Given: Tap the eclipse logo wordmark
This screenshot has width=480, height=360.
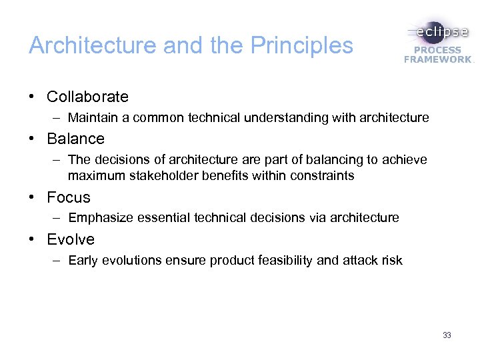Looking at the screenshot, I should (x=439, y=32).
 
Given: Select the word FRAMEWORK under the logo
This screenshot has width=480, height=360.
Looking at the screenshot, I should (x=437, y=59).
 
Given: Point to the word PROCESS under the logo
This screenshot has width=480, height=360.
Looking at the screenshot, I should (x=437, y=50).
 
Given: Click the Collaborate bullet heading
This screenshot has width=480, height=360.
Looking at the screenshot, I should (x=87, y=97).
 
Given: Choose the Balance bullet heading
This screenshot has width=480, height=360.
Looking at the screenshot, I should (x=75, y=139).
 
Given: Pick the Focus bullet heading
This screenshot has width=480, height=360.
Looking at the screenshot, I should (x=69, y=197).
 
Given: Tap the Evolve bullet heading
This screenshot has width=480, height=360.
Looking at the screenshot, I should (x=71, y=239).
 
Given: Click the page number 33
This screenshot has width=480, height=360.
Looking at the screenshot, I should (x=447, y=335).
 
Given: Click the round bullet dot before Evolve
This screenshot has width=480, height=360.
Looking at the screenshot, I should (x=32, y=239).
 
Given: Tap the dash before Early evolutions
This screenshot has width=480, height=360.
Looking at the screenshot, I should (x=58, y=260).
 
